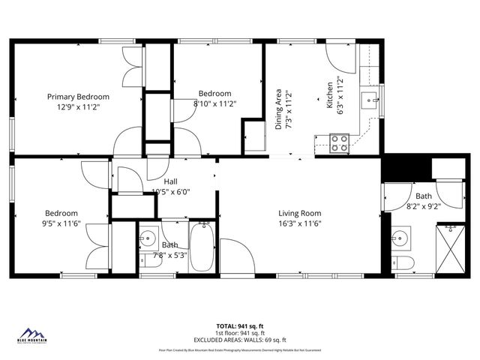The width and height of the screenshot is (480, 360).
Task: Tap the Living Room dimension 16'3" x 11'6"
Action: pos(300,223)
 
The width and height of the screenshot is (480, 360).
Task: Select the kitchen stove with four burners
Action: pos(340,142)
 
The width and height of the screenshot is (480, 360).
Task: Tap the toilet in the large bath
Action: pos(403,263)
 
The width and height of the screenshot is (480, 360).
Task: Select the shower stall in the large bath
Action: pos(451,250)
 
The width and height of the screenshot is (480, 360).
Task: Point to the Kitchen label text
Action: pos(328,96)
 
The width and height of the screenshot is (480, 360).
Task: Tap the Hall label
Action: pos(171,181)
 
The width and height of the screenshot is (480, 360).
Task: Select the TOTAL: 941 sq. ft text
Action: pos(240,326)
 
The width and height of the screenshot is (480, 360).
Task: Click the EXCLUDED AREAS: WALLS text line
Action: pos(240,340)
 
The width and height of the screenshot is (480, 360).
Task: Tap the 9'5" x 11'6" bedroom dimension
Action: pos(61,223)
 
